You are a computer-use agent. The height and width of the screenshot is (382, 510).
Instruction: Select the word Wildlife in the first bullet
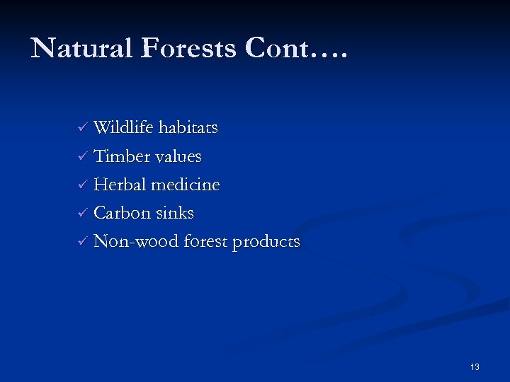(124, 128)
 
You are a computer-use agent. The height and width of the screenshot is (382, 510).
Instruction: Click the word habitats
(188, 128)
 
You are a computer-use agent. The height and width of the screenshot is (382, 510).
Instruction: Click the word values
(177, 156)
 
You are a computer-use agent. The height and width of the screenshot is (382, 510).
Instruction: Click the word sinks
(174, 213)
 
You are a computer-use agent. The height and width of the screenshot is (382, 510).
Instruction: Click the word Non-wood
(136, 241)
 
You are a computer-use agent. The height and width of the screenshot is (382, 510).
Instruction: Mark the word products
(267, 242)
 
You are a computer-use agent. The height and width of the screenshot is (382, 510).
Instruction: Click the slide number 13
(475, 366)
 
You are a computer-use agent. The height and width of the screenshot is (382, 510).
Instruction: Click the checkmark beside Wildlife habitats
(82, 129)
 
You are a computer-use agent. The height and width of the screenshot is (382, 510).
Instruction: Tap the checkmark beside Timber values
(82, 157)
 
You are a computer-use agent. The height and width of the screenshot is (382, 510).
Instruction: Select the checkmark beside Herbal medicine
(82, 185)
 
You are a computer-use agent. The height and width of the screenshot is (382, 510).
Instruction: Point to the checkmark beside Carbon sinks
(82, 214)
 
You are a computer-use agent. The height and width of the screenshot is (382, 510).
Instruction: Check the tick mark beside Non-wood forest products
(82, 242)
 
